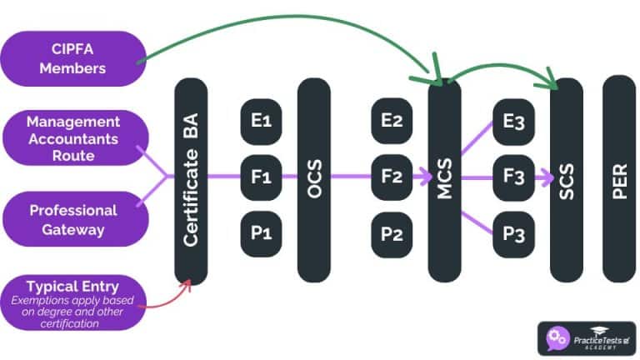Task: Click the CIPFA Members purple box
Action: coord(73,59)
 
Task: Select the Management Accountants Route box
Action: coord(73,138)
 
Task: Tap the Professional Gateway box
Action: coord(73,219)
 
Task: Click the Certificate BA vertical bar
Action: coord(191,180)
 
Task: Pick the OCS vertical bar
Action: coord(314,180)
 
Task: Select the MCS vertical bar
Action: coord(444,180)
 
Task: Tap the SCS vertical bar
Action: coord(567,180)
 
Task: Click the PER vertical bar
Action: coord(618,180)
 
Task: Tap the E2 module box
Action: coord(392,122)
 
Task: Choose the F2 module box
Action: coord(392,177)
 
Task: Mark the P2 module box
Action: coord(392,232)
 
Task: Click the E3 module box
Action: coord(513,122)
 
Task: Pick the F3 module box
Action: coord(513,177)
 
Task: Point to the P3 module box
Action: coord(513,232)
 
